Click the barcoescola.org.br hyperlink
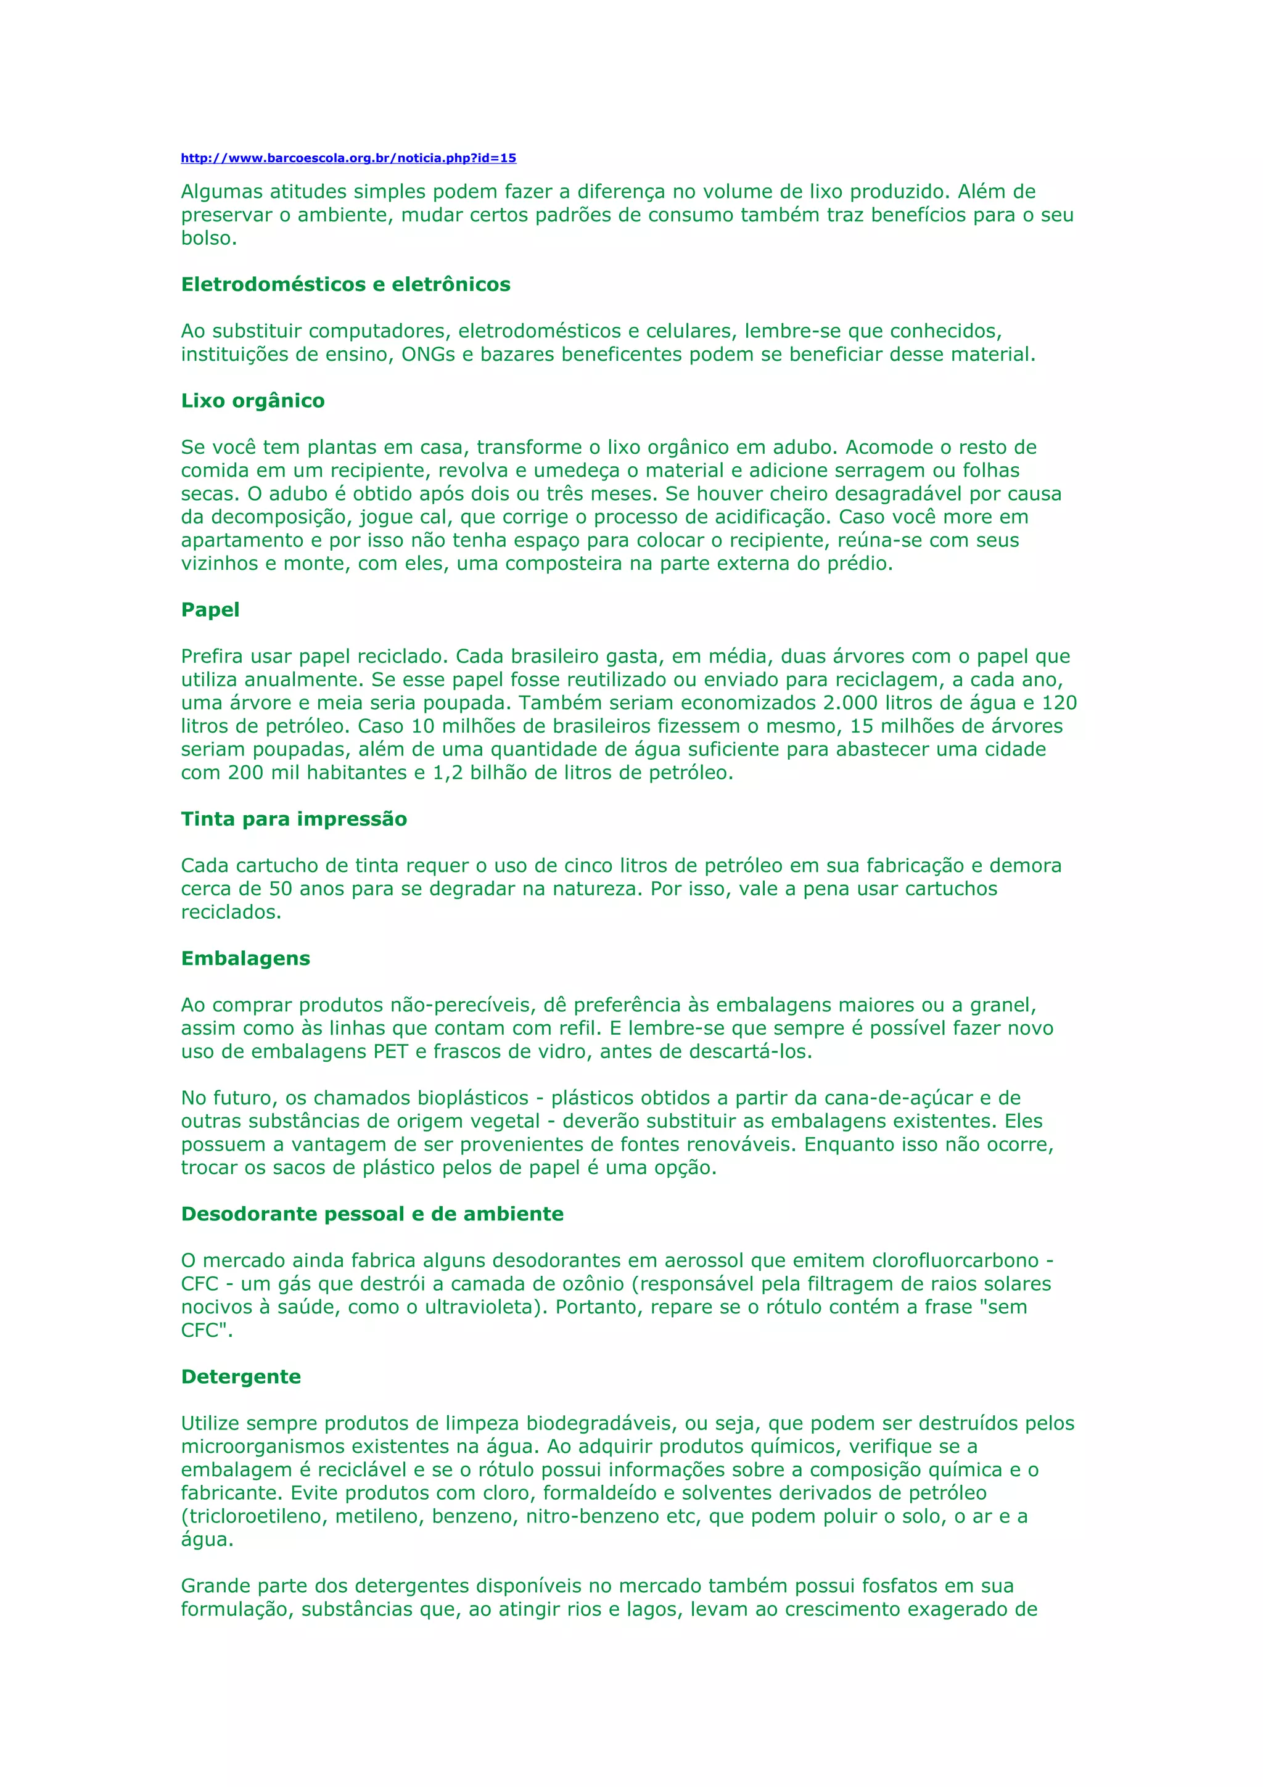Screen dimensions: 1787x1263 pos(348,158)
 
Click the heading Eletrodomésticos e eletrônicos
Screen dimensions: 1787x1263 pos(345,285)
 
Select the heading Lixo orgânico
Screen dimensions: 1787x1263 pos(253,401)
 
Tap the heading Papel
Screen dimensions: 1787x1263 pos(210,610)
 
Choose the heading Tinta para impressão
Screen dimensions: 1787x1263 pos(294,820)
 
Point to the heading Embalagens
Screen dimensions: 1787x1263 pos(245,959)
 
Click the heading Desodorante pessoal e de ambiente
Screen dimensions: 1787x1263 pos(372,1214)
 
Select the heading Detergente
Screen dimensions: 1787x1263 pos(241,1377)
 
